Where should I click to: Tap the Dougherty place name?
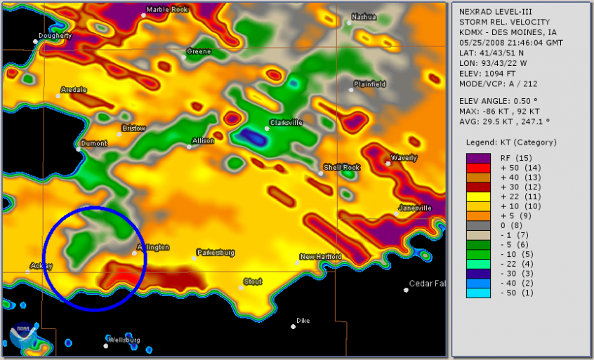[x=56, y=35]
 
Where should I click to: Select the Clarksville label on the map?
[x=286, y=122]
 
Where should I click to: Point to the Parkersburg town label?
[x=216, y=252]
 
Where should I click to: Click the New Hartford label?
[x=322, y=257]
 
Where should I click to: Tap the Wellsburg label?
[x=124, y=340]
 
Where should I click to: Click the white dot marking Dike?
[x=293, y=326]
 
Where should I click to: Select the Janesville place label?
[x=415, y=208]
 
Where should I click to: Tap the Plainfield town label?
[x=370, y=84]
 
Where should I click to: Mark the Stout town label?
[x=253, y=281]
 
